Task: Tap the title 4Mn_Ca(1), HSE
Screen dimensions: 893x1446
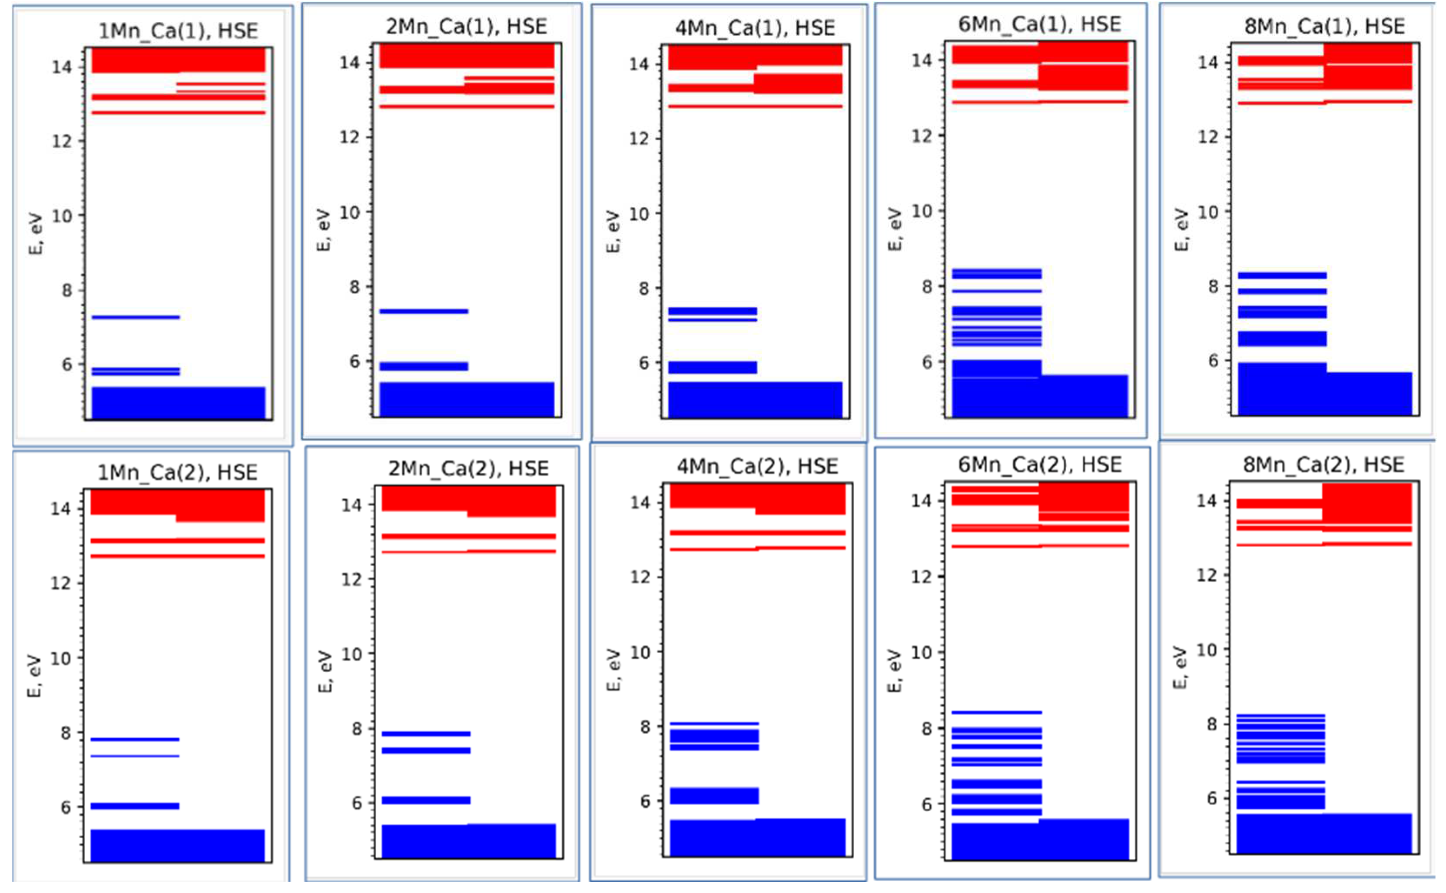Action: (755, 28)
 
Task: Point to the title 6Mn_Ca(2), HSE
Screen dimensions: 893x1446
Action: (1039, 465)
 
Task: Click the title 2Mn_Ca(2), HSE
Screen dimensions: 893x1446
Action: (468, 468)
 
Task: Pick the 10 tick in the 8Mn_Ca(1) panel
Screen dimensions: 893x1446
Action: (1208, 212)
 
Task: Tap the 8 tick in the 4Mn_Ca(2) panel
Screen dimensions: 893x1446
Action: (645, 727)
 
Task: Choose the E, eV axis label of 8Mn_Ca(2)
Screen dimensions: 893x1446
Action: (1180, 667)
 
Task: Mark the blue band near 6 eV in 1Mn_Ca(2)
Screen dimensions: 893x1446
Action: (135, 806)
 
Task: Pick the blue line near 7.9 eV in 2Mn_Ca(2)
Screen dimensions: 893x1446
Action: (426, 734)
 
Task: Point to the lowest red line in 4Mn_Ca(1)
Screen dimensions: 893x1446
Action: (755, 106)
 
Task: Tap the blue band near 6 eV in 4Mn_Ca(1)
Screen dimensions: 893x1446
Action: (712, 367)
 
